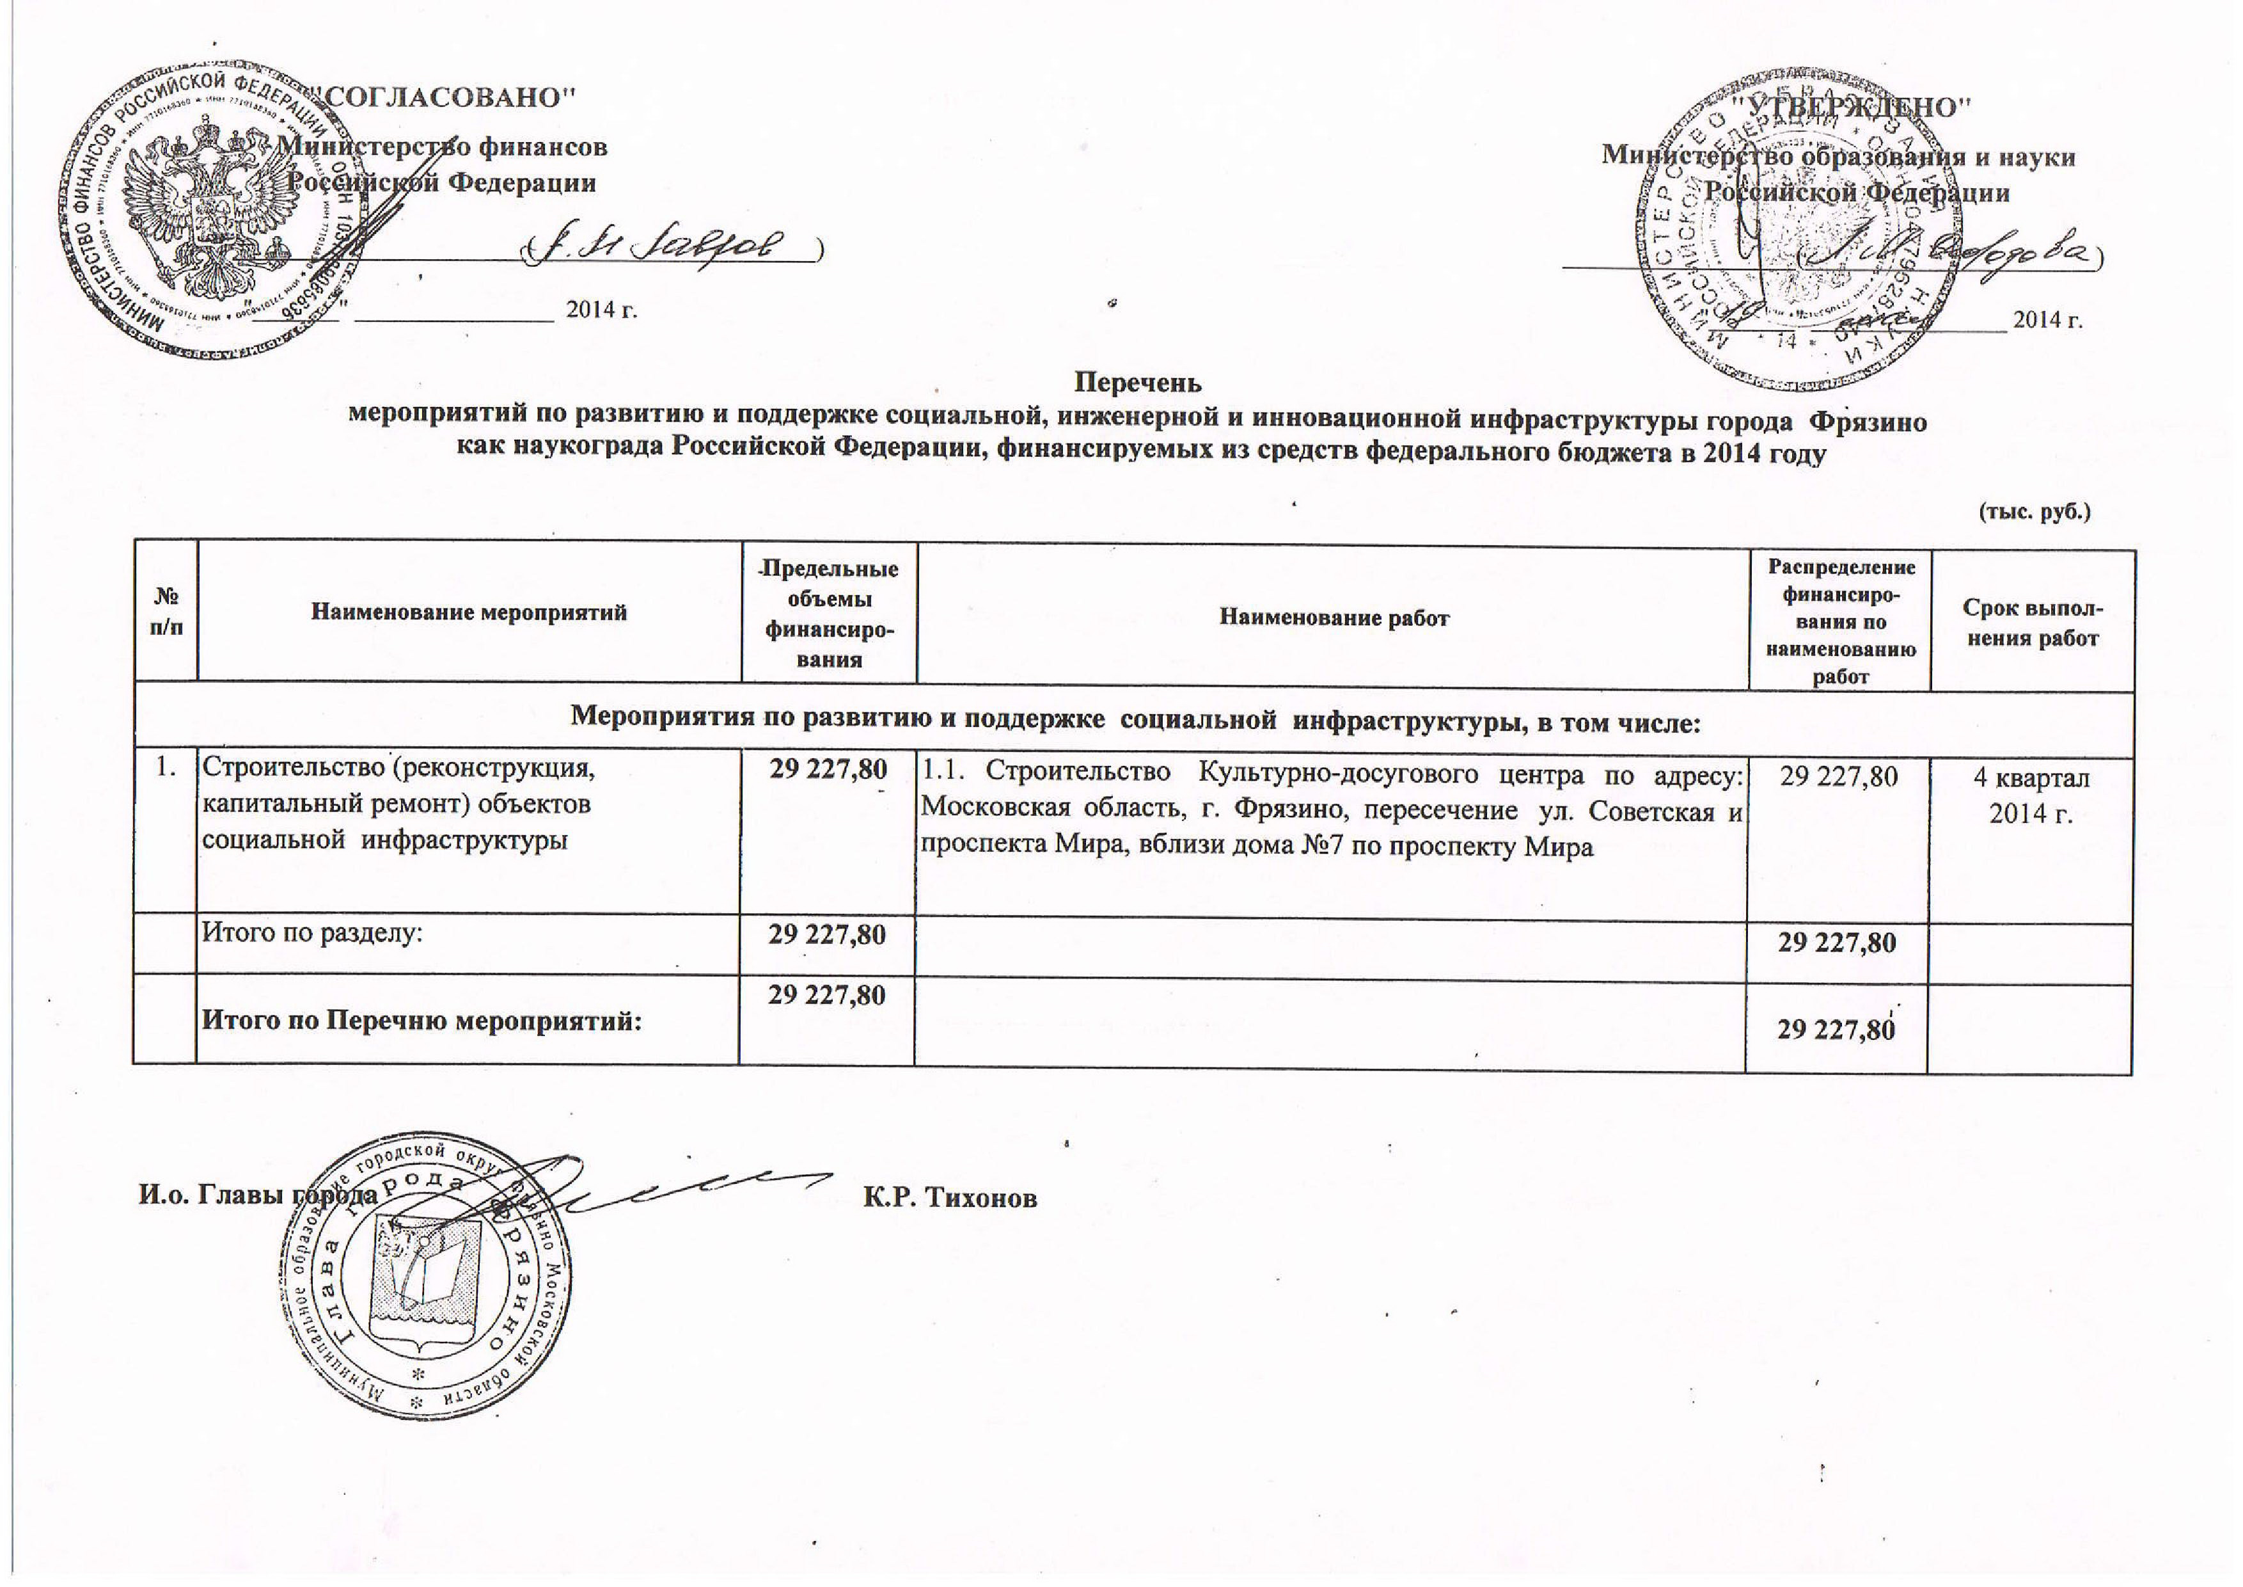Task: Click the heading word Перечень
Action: pos(1138,381)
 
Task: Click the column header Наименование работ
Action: pos(1334,618)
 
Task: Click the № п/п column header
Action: pos(166,612)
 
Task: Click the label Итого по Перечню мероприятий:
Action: pos(422,1022)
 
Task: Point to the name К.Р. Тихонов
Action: pos(950,1198)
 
